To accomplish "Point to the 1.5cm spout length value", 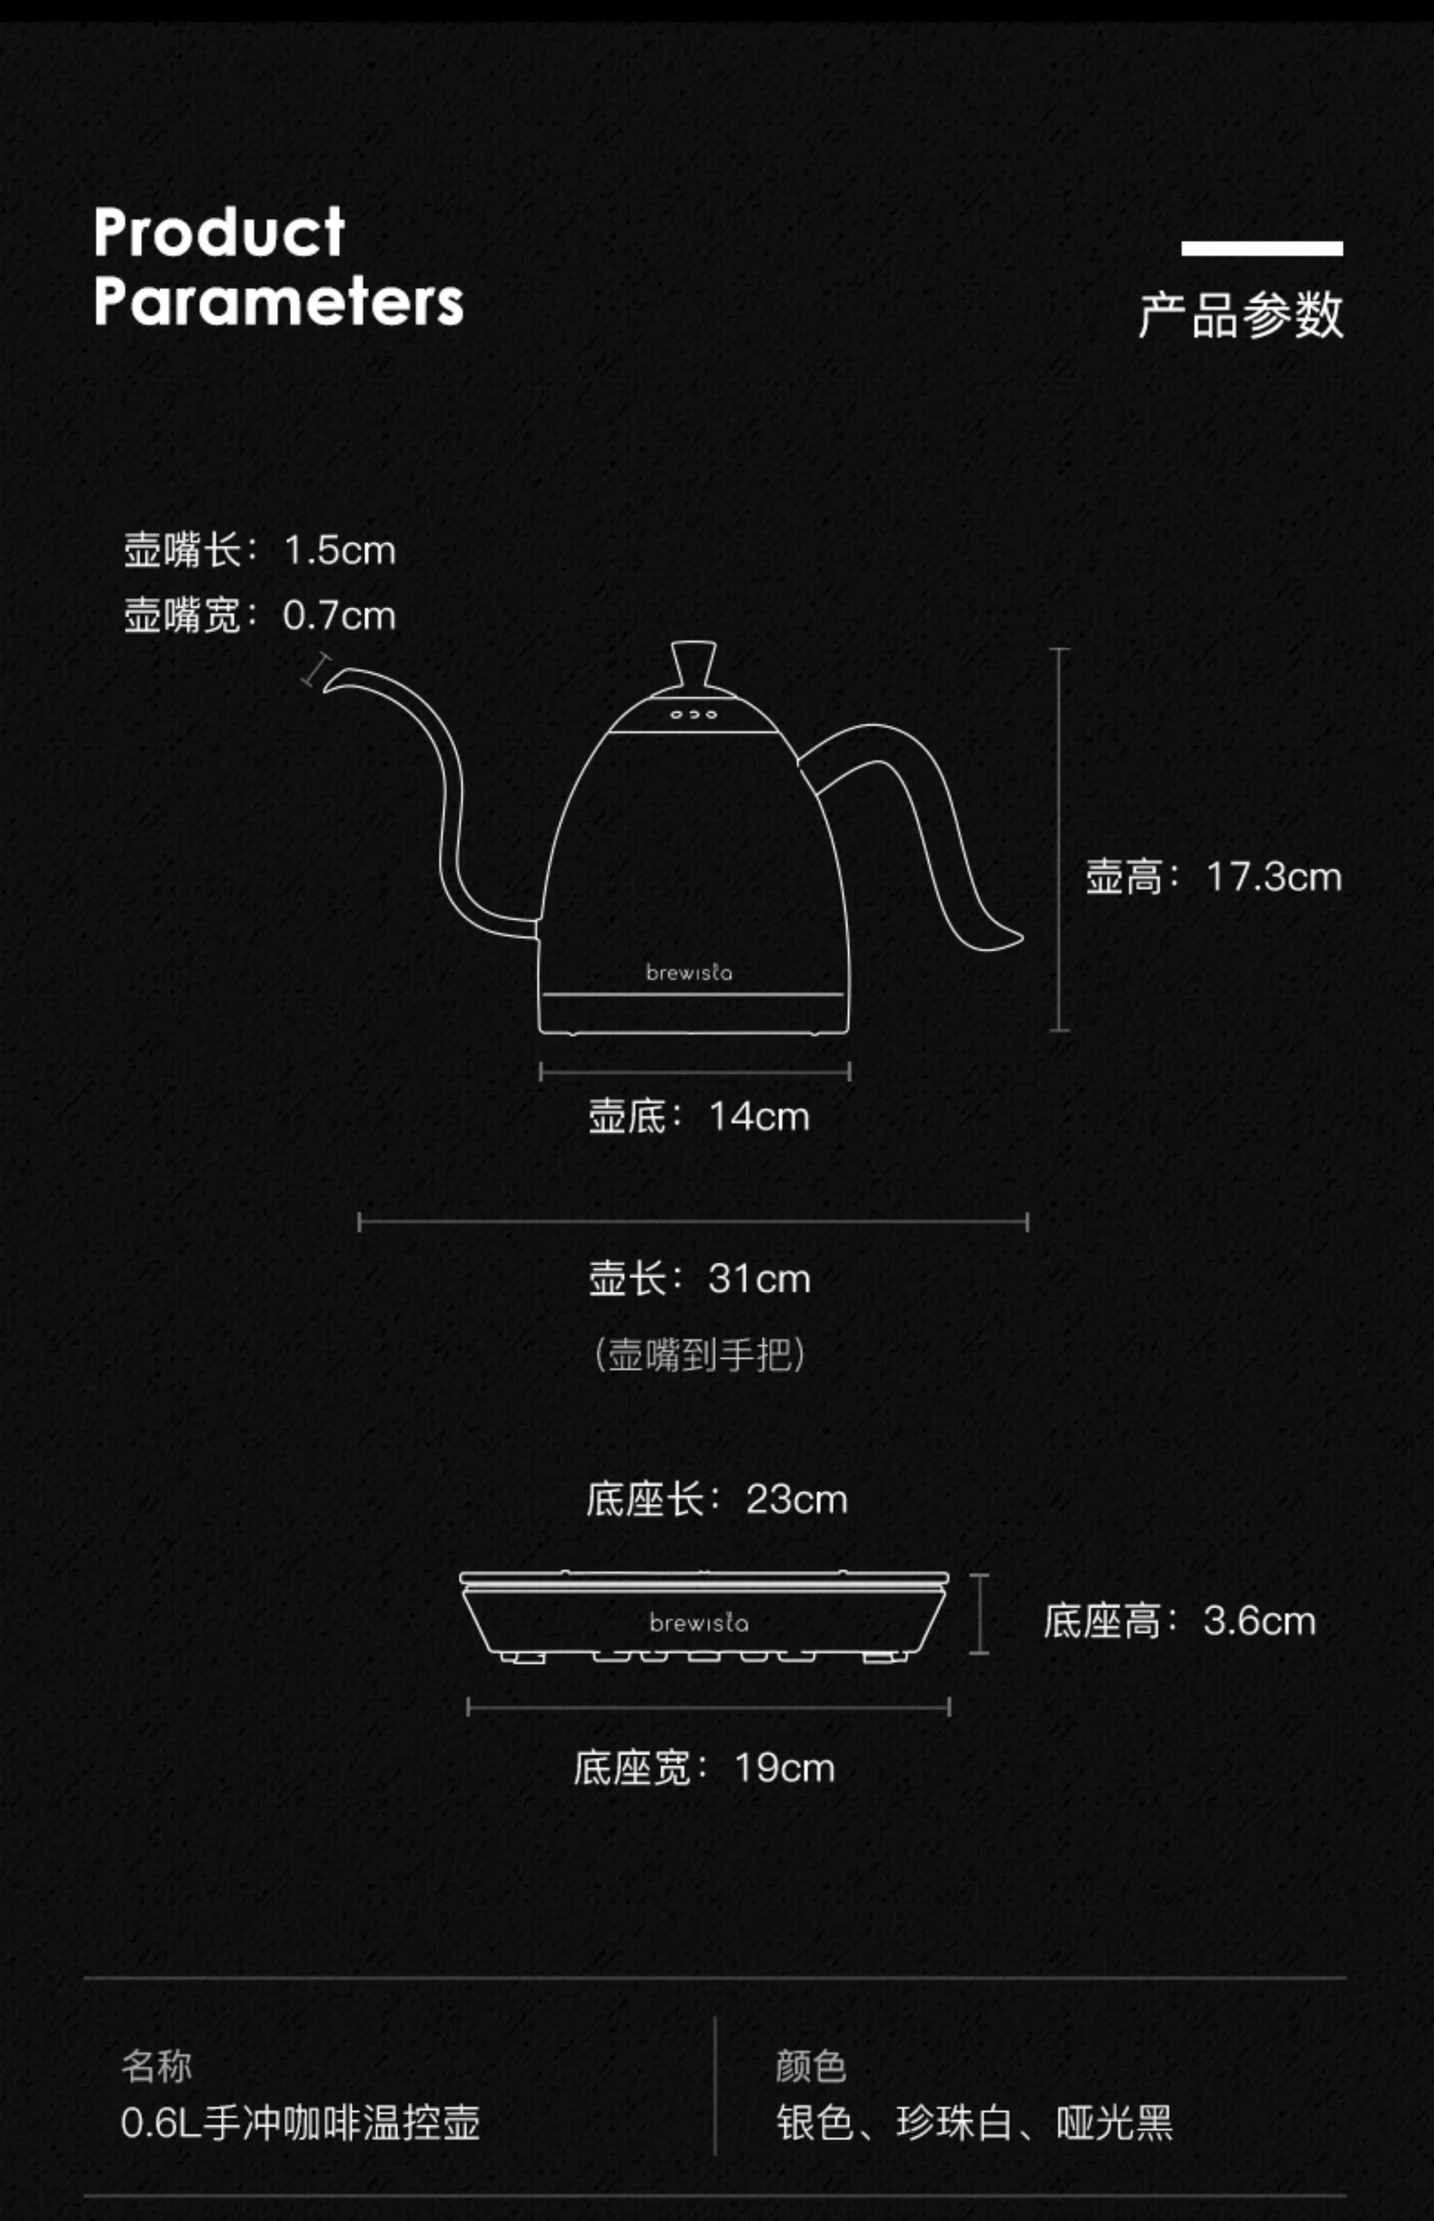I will (x=340, y=551).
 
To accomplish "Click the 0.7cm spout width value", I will (x=340, y=615).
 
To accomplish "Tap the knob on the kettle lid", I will (x=694, y=663).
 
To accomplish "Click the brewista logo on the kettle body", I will (x=689, y=972).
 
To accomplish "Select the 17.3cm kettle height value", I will (x=1273, y=877).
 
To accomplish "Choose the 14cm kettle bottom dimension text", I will (x=759, y=1116).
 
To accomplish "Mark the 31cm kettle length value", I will (x=759, y=1279).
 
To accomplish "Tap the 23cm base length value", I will (x=796, y=1499).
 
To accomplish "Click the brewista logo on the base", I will (x=698, y=1623).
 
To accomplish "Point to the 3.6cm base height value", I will (x=1259, y=1621).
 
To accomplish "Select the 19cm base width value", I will (x=784, y=1768).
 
